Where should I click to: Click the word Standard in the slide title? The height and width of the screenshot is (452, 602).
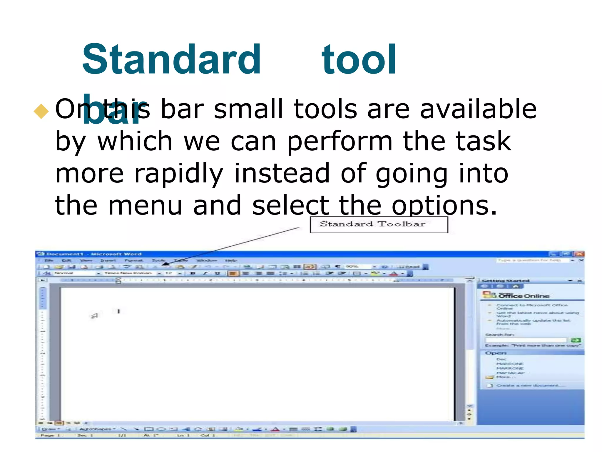[x=171, y=60]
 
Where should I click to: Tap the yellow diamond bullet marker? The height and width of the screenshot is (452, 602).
[x=41, y=111]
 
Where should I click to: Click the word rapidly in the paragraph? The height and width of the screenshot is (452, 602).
[x=179, y=174]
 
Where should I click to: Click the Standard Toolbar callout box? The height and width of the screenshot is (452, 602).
[x=379, y=225]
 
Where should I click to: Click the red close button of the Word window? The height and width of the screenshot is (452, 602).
[x=580, y=254]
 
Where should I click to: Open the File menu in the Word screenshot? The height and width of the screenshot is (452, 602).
[x=49, y=261]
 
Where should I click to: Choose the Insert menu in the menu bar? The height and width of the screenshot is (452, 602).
[x=108, y=261]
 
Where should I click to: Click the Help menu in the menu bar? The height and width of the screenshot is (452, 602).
[x=231, y=261]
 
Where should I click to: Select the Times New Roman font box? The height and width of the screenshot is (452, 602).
[x=128, y=273]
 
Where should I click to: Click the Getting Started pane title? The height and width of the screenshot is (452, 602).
[x=506, y=281]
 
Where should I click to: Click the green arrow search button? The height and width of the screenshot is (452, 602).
[x=576, y=340]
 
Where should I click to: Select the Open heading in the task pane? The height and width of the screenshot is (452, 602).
[x=496, y=353]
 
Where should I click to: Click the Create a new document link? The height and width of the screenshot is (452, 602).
[x=527, y=385]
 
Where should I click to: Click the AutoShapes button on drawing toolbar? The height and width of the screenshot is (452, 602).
[x=97, y=429]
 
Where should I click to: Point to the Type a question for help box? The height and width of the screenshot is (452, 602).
[x=529, y=260]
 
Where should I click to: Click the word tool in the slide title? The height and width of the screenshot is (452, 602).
[x=359, y=60]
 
